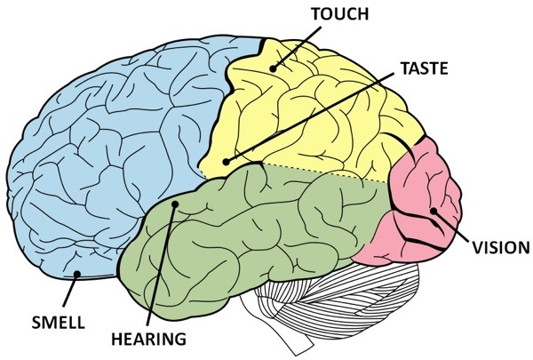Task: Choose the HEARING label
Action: [x=149, y=339]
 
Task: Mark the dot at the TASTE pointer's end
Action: [x=227, y=163]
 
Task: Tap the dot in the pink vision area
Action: [x=433, y=210]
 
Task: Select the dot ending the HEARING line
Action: [x=176, y=204]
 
